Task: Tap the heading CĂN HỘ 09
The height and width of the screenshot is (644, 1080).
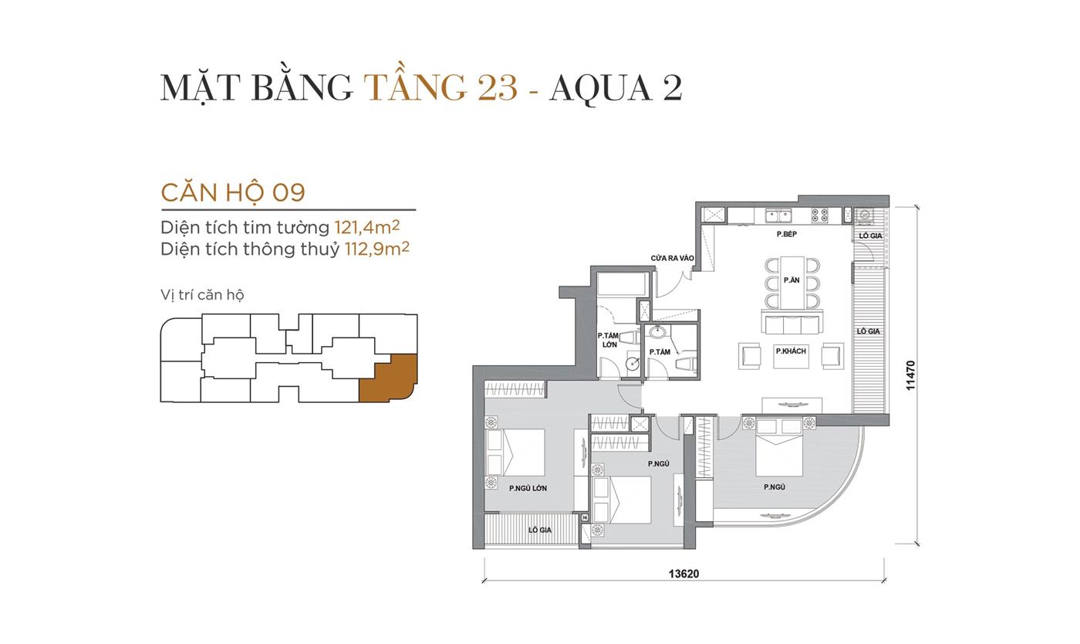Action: pyautogui.click(x=233, y=192)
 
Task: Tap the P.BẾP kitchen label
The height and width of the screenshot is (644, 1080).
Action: pyautogui.click(x=786, y=233)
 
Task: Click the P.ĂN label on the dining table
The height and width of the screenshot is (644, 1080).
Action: pyautogui.click(x=791, y=280)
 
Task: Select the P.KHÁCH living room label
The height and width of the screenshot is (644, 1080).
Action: pyautogui.click(x=791, y=351)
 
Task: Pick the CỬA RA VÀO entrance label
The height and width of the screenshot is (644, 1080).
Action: pyautogui.click(x=672, y=258)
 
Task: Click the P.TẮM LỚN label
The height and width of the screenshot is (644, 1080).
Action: pyautogui.click(x=609, y=340)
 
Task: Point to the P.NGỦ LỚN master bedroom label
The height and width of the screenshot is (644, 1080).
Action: pyautogui.click(x=528, y=488)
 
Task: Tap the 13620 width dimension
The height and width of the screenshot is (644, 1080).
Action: pyautogui.click(x=683, y=574)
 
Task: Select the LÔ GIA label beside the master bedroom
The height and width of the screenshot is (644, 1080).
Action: pyautogui.click(x=539, y=530)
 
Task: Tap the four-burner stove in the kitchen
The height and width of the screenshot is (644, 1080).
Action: pyautogui.click(x=819, y=215)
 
